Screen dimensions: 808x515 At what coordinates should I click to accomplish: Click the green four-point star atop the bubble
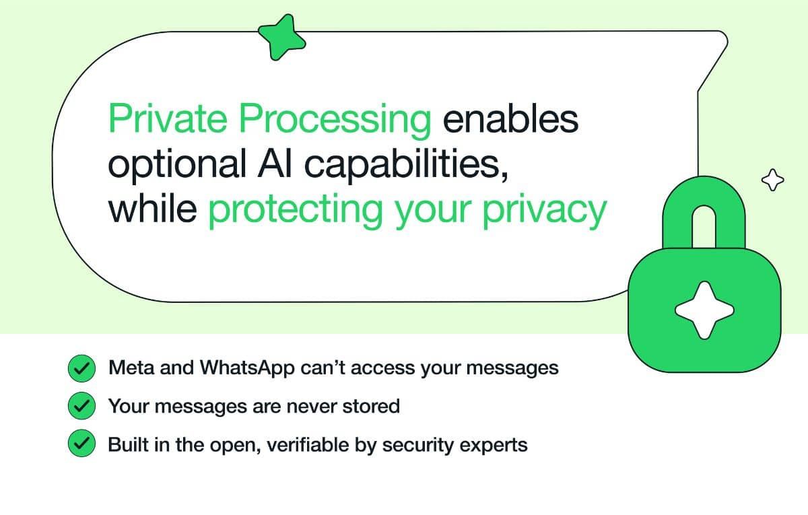tap(281, 37)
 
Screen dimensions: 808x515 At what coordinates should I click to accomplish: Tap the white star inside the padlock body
tap(704, 310)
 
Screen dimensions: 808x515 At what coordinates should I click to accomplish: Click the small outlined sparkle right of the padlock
tap(773, 180)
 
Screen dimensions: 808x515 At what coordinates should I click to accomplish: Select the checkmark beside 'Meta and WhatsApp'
tap(82, 368)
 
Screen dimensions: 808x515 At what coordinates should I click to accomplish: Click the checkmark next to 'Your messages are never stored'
tap(82, 406)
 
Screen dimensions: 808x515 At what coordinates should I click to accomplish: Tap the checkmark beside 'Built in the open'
tap(82, 443)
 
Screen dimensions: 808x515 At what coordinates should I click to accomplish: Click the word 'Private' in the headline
tap(168, 118)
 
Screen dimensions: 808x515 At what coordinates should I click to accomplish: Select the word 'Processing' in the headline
tap(335, 121)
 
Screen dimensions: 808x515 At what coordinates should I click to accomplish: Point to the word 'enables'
tap(511, 118)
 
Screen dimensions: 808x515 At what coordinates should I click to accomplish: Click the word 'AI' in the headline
tap(275, 163)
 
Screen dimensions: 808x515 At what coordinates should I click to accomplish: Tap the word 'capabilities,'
tap(406, 165)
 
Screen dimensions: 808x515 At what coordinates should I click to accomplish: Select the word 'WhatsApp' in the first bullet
tap(247, 368)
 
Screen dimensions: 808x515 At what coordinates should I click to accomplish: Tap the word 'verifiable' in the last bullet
tap(308, 444)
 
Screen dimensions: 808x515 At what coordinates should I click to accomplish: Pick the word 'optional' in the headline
tap(177, 165)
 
